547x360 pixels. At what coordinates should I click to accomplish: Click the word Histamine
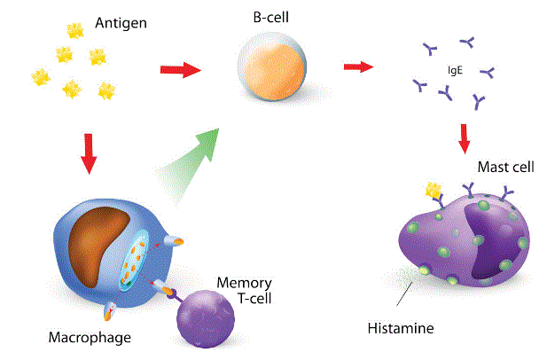point(400,329)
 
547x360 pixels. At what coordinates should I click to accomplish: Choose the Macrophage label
point(90,338)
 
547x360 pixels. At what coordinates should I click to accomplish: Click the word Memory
point(239,284)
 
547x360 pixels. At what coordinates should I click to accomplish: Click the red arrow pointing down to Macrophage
point(88,153)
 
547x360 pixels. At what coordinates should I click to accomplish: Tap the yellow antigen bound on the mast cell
point(434,189)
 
